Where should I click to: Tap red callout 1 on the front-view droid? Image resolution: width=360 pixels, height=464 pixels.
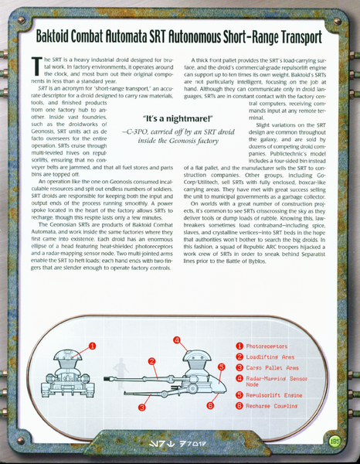(92, 347)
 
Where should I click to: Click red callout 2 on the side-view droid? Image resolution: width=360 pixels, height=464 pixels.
(152, 361)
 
